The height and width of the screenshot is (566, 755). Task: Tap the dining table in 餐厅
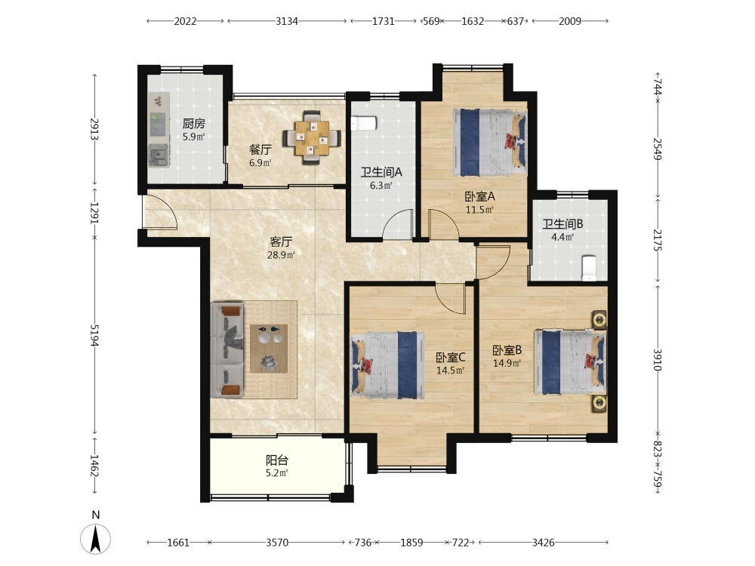pos(312,138)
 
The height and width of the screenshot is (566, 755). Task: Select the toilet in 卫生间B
pos(589,269)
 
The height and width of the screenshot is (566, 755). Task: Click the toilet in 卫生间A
pos(362,123)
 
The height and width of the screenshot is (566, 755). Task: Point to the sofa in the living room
pos(227,350)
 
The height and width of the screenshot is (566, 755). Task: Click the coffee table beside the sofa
pos(269,349)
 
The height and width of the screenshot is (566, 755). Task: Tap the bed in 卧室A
pos(489,143)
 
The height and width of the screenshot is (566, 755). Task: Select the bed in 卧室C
pos(388,365)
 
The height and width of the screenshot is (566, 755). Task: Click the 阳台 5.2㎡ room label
pos(277,466)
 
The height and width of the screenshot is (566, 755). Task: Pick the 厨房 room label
pos(193,124)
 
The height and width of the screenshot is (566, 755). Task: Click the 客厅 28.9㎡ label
pos(281,248)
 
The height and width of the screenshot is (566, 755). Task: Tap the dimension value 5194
pos(94,335)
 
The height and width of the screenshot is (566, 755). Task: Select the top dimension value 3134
pos(286,21)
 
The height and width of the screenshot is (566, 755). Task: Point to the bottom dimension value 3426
pos(543,543)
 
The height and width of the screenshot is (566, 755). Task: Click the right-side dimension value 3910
pos(658,359)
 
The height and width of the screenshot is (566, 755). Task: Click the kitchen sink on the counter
pos(159,155)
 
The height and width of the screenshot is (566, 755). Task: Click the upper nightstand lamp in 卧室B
pos(599,319)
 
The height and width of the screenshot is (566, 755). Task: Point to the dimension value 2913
pos(94,129)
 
